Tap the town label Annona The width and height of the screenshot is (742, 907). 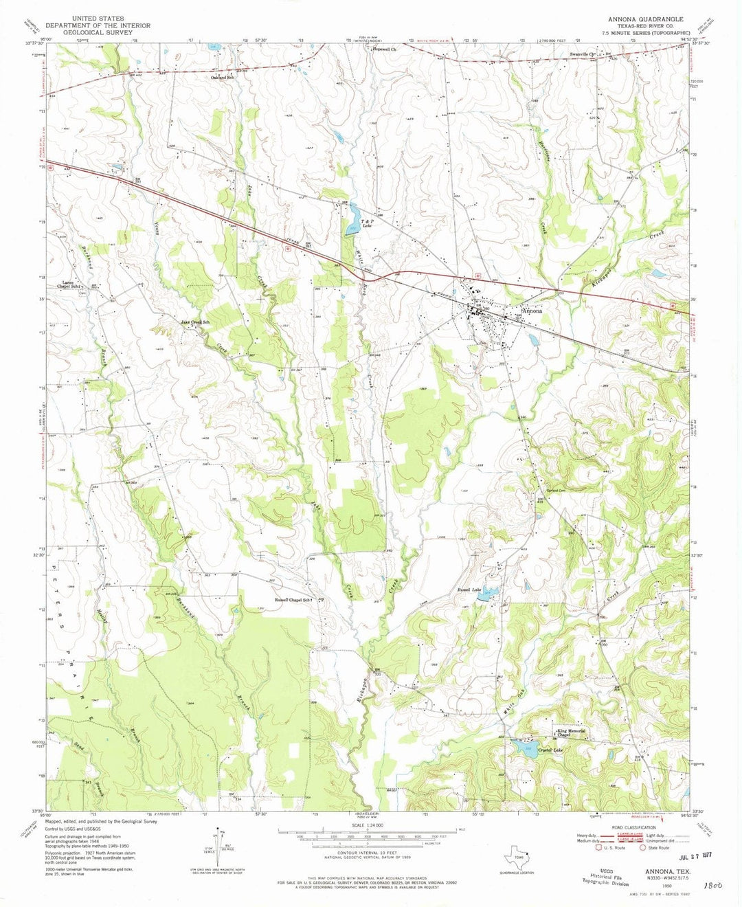click(532, 311)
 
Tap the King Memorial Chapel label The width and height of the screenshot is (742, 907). click(571, 733)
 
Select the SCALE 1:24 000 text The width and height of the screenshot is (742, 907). click(368, 825)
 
